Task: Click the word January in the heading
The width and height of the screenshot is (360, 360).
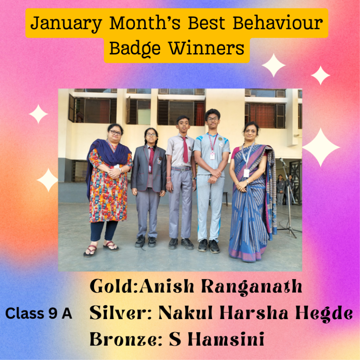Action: point(66,23)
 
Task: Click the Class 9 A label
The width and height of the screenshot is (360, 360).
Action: point(39,313)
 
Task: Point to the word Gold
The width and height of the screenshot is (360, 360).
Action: point(112,286)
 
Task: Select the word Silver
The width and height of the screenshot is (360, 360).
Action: point(119,312)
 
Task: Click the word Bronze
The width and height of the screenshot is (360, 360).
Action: point(123,339)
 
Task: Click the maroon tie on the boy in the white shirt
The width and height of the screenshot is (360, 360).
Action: point(185,150)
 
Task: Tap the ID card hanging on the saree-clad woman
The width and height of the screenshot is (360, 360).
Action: point(246,173)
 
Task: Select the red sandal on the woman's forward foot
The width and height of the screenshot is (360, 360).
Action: point(90,251)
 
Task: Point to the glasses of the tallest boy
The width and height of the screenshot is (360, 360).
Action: point(212,119)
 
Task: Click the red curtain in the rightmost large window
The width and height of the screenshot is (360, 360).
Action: point(263,116)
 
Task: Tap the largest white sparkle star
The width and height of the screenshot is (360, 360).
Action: point(321,147)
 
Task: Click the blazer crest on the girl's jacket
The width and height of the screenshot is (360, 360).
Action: point(159,161)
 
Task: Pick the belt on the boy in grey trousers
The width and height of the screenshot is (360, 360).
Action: point(181,169)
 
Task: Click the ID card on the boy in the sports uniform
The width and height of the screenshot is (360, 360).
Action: point(212,156)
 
